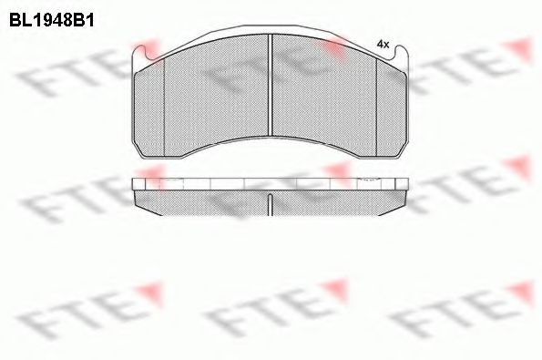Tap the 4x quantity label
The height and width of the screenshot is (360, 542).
point(383,44)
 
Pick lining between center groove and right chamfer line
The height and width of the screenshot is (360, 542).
point(325,100)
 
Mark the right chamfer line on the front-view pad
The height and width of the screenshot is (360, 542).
point(379,110)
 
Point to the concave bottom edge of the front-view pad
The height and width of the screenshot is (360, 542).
point(271,138)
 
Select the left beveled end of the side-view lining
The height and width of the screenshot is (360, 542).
point(138,197)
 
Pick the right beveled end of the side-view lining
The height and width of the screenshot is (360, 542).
point(404,197)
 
